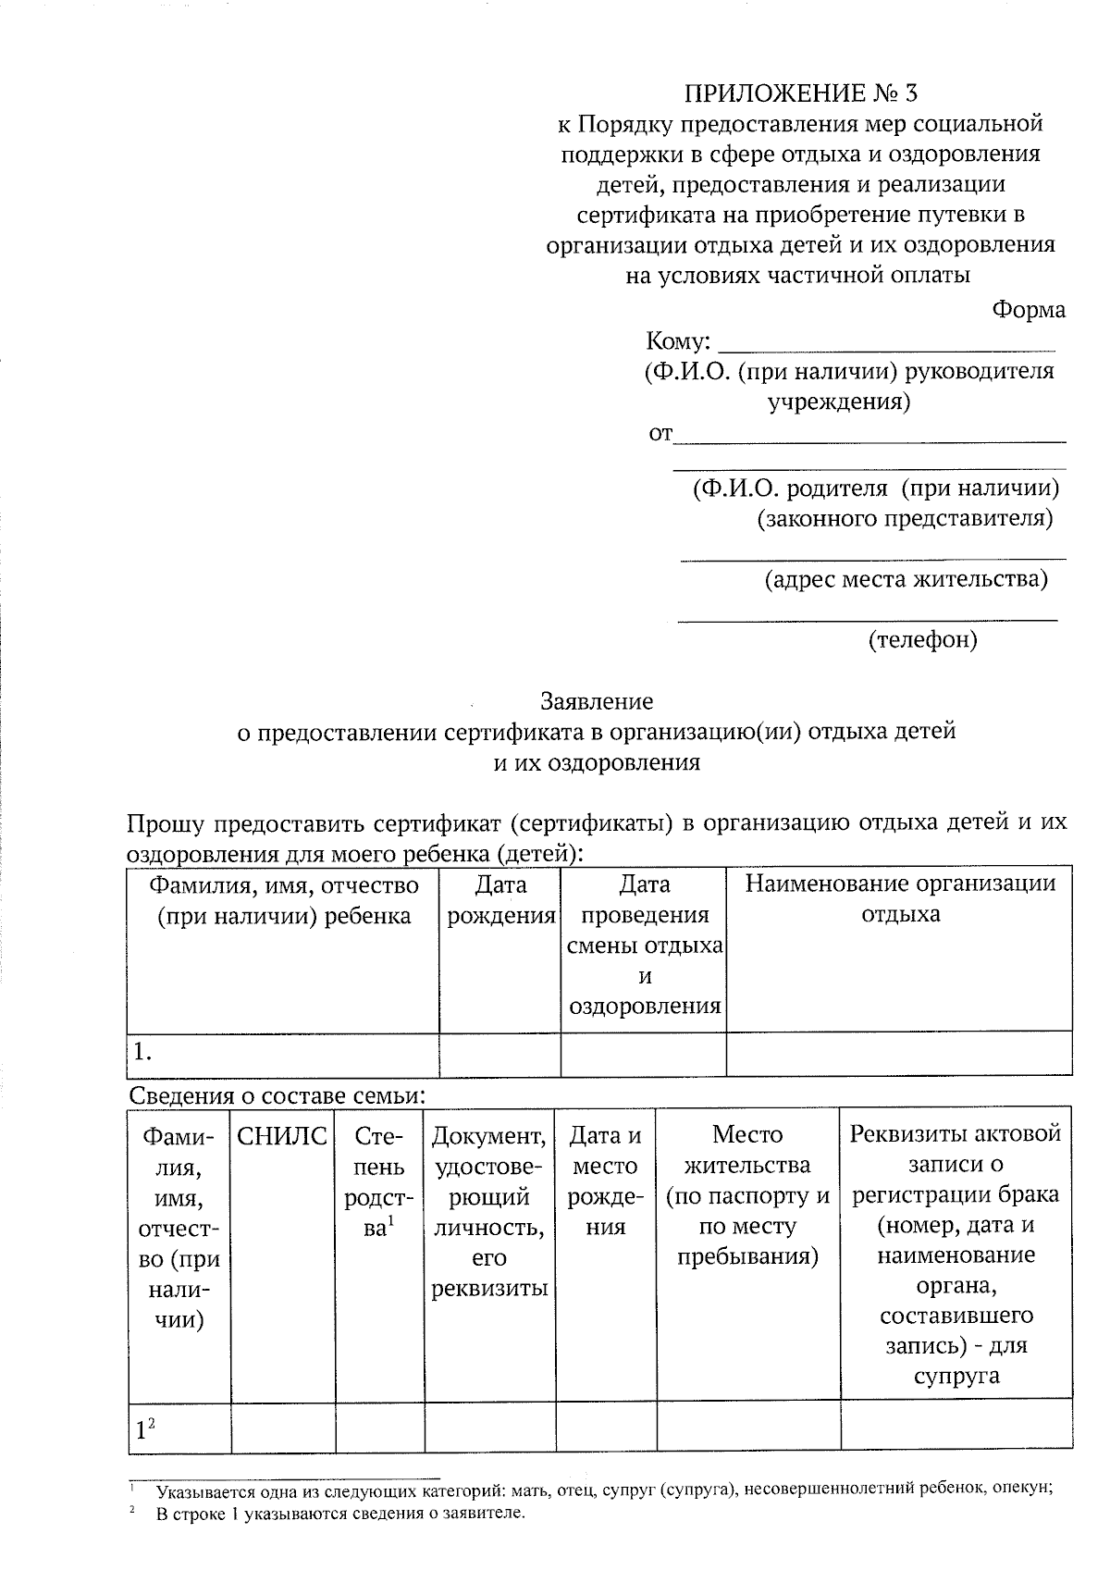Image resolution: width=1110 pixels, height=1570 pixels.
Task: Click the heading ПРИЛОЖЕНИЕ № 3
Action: pyautogui.click(x=802, y=93)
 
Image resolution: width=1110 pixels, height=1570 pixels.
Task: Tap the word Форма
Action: pyautogui.click(x=1029, y=310)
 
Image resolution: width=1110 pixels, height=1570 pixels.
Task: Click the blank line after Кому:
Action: pyautogui.click(x=886, y=344)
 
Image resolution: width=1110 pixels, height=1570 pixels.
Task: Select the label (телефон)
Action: pyautogui.click(x=922, y=639)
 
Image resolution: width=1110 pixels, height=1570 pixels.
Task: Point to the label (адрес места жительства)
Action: pyautogui.click(x=906, y=580)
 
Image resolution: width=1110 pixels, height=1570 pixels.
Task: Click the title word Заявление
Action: pyautogui.click(x=597, y=701)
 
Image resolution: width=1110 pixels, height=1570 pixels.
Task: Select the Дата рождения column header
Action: pyautogui.click(x=500, y=900)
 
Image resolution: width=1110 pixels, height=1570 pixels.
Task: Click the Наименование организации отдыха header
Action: pyautogui.click(x=900, y=898)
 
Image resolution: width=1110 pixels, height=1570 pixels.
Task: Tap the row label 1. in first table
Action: pyautogui.click(x=142, y=1052)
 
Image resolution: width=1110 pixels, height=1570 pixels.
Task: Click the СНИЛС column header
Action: pyautogui.click(x=282, y=1136)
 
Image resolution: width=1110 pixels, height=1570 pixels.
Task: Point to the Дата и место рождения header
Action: pyautogui.click(x=606, y=1181)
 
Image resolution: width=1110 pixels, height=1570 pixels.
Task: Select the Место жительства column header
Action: pyautogui.click(x=748, y=1195)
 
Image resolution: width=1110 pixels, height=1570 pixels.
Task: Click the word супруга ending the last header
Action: pyautogui.click(x=956, y=1375)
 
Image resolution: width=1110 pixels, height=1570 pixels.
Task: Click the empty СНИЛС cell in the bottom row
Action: pyautogui.click(x=282, y=1428)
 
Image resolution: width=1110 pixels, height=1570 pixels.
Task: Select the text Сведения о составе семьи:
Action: pyautogui.click(x=277, y=1096)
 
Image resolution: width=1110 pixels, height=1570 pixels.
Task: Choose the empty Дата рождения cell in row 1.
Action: pyautogui.click(x=499, y=1054)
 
